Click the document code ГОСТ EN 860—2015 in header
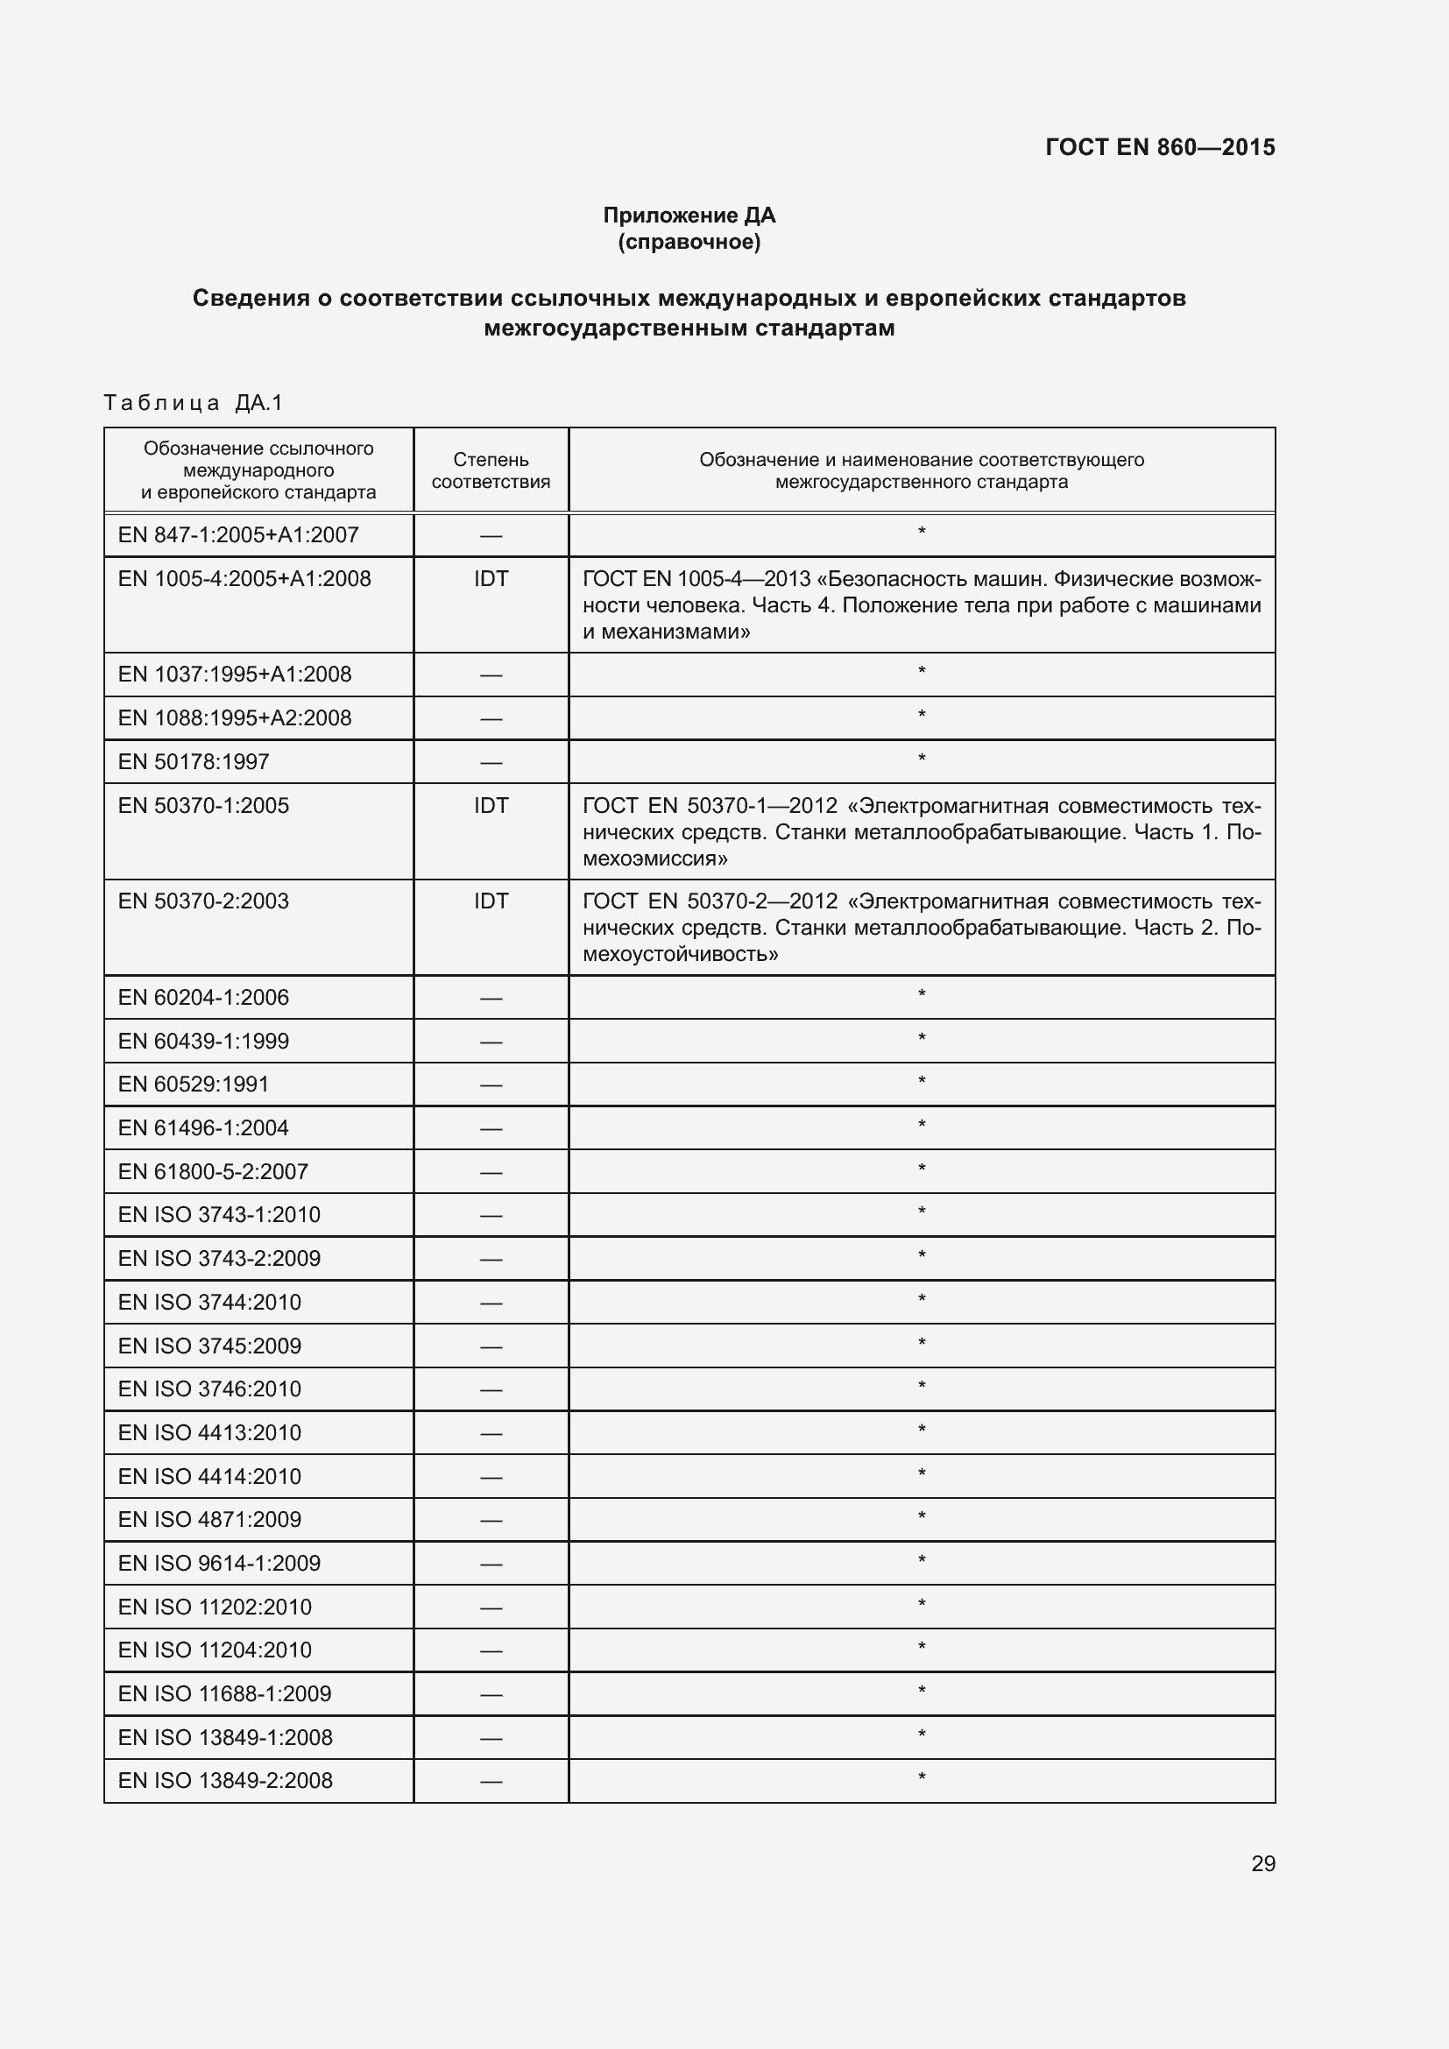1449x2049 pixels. [1159, 147]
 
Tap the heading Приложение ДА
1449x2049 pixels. [689, 215]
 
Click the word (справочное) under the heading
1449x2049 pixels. [689, 242]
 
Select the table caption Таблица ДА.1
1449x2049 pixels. [193, 402]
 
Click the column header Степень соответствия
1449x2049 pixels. [491, 470]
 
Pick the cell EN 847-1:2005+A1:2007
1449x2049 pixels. [238, 534]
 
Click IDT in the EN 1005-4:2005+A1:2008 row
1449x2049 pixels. [491, 578]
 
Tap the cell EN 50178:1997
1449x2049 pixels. [194, 761]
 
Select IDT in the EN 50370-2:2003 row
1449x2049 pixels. [491, 901]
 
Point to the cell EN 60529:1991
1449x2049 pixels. [194, 1084]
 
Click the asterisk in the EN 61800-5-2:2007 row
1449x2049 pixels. [921, 1169]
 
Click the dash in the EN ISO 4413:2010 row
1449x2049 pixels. [491, 1433]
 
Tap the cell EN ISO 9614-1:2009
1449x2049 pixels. [219, 1563]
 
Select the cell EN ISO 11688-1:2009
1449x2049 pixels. [224, 1693]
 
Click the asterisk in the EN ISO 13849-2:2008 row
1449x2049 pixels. [921, 1777]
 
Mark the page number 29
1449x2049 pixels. [1262, 1863]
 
